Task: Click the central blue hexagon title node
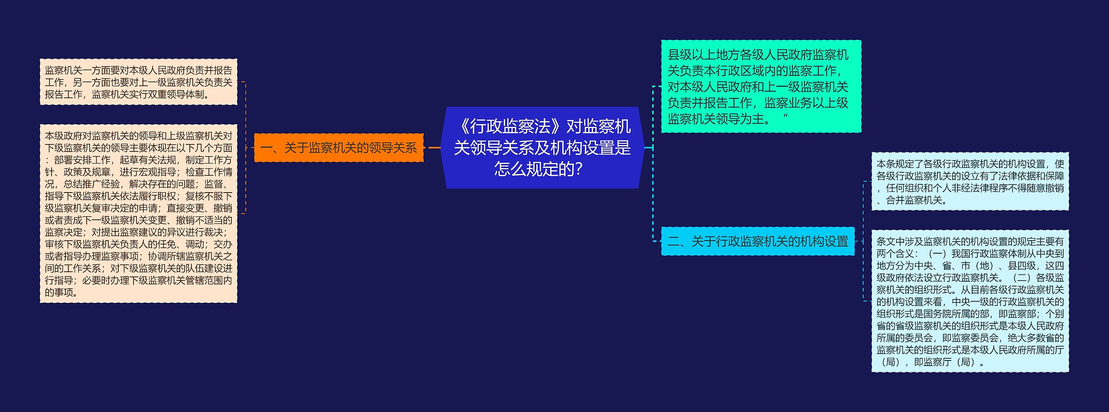[542, 148]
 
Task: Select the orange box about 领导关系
[338, 148]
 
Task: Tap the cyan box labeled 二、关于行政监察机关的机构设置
[758, 241]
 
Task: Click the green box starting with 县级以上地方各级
[761, 86]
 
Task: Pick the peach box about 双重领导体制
[138, 82]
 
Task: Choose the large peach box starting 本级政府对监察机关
[138, 214]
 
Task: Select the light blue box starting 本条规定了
[970, 181]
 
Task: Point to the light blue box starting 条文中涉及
[970, 301]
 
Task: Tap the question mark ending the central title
[578, 169]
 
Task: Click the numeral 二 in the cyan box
[674, 241]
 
